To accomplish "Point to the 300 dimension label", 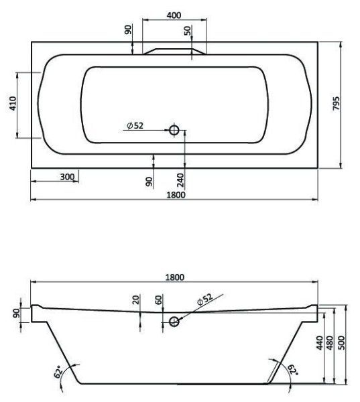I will click(66, 177).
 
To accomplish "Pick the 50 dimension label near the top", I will click(188, 31).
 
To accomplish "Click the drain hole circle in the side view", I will click(176, 322).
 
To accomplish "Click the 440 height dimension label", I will click(319, 344).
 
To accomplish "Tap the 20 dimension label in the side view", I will click(135, 299).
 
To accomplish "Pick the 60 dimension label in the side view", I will click(158, 299).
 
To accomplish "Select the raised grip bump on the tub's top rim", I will click(174, 51).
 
